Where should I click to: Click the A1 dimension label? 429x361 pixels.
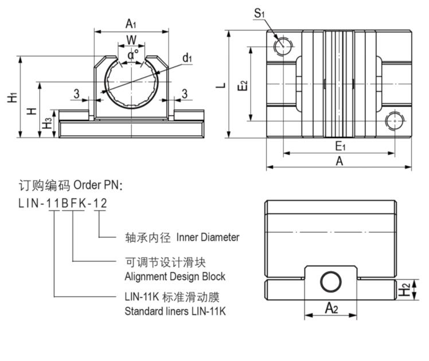click(131, 23)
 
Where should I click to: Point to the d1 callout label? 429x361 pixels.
click(187, 57)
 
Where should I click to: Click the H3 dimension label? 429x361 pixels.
click(48, 123)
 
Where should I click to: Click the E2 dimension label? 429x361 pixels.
click(243, 86)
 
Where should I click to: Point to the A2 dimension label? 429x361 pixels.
click(331, 308)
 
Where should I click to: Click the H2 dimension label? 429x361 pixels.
click(404, 290)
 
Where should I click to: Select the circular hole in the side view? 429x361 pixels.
click(330, 282)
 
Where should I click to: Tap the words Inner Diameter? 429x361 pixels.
click(208, 237)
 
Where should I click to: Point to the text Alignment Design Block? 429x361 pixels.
click(175, 276)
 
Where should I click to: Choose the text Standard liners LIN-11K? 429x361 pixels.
click(175, 312)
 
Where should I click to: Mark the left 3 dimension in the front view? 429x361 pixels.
click(76, 93)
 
